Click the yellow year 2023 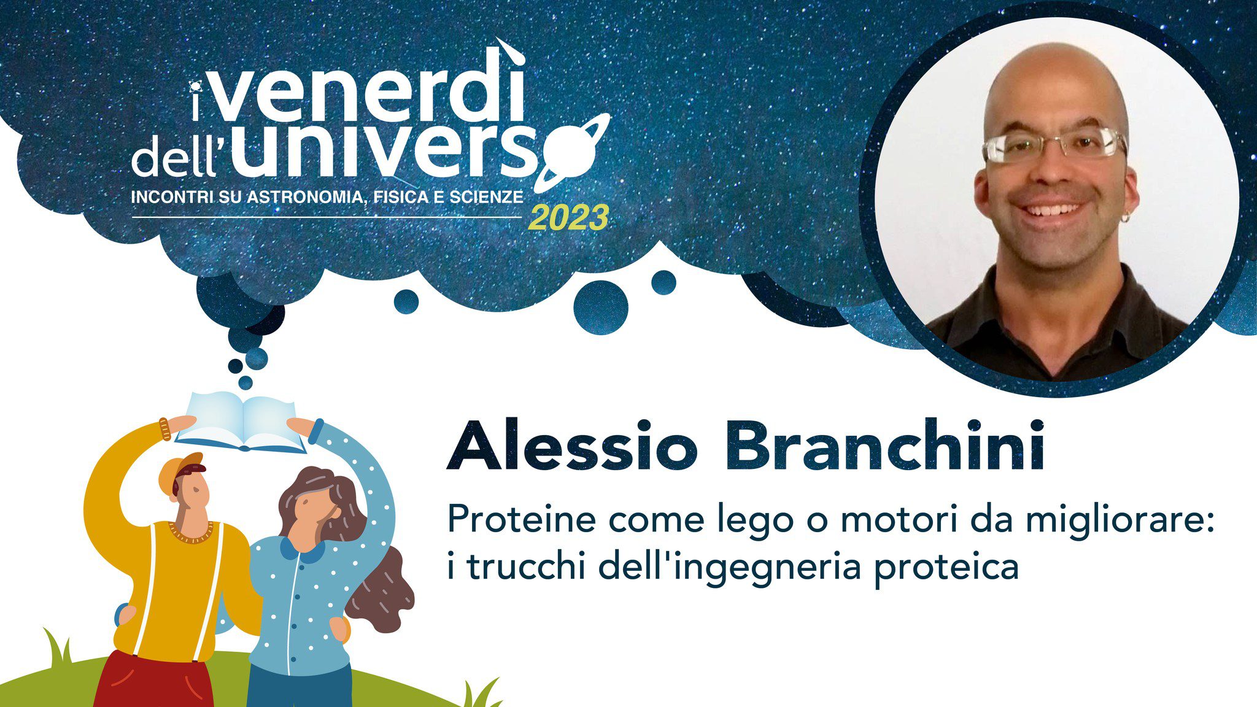point(568,218)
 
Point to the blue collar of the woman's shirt point(303,549)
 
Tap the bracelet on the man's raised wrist point(164,429)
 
